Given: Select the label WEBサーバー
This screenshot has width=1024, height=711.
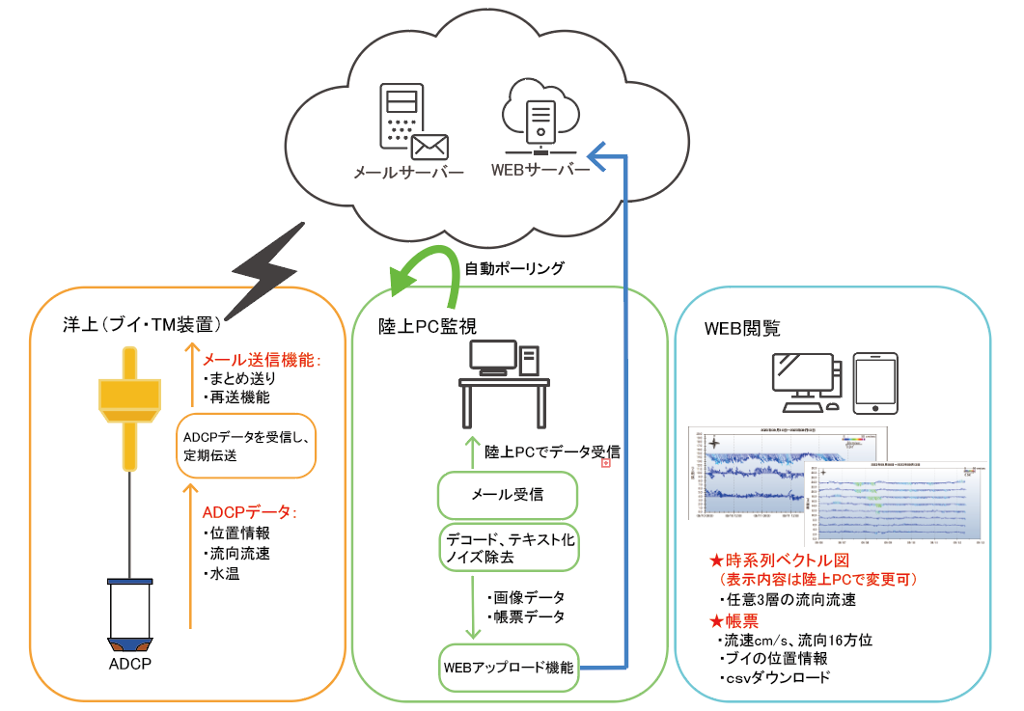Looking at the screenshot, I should [540, 171].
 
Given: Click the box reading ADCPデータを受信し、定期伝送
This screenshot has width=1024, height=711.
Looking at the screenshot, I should [246, 445].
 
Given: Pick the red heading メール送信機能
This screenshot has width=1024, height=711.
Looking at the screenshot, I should [262, 358].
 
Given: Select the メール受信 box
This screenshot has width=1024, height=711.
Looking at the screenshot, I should [507, 495].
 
